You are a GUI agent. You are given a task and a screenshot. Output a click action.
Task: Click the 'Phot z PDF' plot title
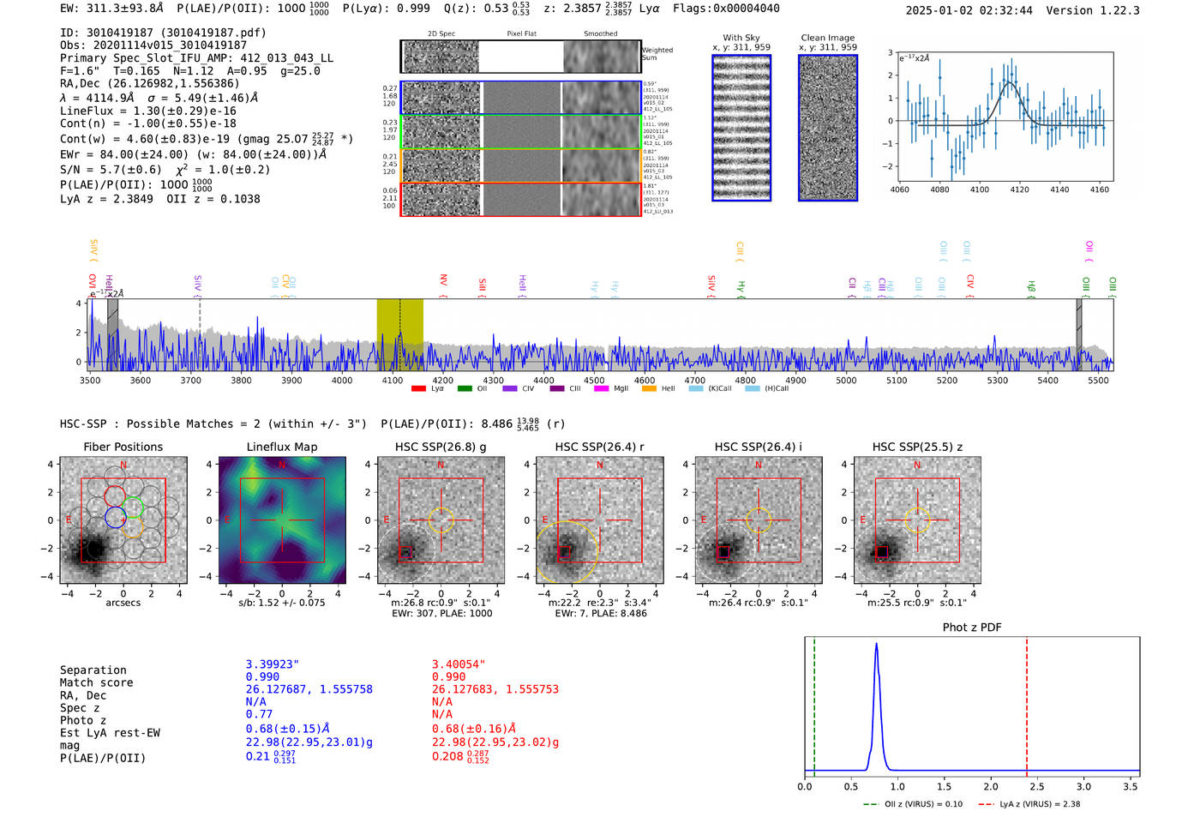pos(972,628)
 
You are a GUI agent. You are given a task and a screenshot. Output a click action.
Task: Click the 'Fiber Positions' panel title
pos(123,447)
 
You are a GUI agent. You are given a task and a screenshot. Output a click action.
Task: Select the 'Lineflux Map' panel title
pos(282,447)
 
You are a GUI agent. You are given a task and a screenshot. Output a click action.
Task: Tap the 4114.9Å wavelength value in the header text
pos(110,98)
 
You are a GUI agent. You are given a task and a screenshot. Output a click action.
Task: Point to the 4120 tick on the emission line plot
pos(1019,189)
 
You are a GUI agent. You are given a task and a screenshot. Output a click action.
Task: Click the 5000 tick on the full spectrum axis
pos(846,380)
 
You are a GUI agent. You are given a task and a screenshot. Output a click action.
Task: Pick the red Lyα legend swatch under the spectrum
pos(418,389)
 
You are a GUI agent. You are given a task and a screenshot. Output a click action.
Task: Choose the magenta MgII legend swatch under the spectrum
pos(601,389)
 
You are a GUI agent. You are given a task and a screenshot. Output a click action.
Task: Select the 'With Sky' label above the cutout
pos(741,38)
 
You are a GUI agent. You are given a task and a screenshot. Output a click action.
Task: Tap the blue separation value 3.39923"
pos(273,664)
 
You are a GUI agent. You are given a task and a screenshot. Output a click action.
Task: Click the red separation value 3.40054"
pos(459,664)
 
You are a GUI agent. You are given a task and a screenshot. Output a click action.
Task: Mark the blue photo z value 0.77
pos(259,714)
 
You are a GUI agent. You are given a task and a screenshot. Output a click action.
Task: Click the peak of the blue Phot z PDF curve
pos(876,645)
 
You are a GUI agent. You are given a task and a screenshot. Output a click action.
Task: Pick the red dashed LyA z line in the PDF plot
pos(1027,703)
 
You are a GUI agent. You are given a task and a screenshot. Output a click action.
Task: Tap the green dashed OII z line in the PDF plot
pos(814,703)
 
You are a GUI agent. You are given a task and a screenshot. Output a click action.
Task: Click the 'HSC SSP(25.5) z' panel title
pos(917,447)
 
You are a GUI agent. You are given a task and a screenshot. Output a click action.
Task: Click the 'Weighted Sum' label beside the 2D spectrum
pos(657,54)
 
